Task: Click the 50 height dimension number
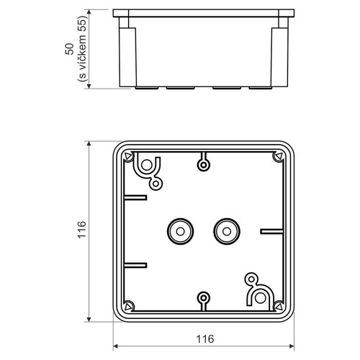coord(69,49)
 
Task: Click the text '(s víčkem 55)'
coord(82,49)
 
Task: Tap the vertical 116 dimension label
coord(82,230)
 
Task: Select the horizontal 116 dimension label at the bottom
coord(205,339)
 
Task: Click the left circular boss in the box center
coord(180,231)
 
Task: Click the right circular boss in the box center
coord(227,231)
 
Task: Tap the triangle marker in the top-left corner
coord(128,156)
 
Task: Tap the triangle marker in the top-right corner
coord(278,156)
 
